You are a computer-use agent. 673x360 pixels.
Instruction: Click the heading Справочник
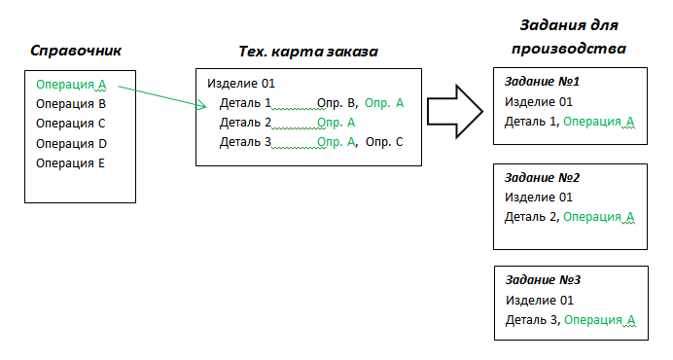pos(76,51)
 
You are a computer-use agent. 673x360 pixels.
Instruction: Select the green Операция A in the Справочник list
pos(71,85)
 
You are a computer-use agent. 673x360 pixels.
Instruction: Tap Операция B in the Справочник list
pos(71,104)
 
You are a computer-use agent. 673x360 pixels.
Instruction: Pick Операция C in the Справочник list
pos(71,124)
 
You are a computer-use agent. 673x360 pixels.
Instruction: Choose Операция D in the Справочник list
pos(71,143)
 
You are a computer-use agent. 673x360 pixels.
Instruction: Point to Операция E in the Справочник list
pos(71,162)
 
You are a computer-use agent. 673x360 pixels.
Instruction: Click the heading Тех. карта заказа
pos(307,51)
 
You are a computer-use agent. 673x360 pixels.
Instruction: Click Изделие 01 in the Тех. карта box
pos(241,84)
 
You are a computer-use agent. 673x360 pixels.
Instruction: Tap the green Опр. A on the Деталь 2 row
pos(336,123)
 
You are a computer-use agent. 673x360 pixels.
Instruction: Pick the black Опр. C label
pos(384,142)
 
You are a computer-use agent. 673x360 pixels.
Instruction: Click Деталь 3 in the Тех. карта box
pos(245,142)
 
